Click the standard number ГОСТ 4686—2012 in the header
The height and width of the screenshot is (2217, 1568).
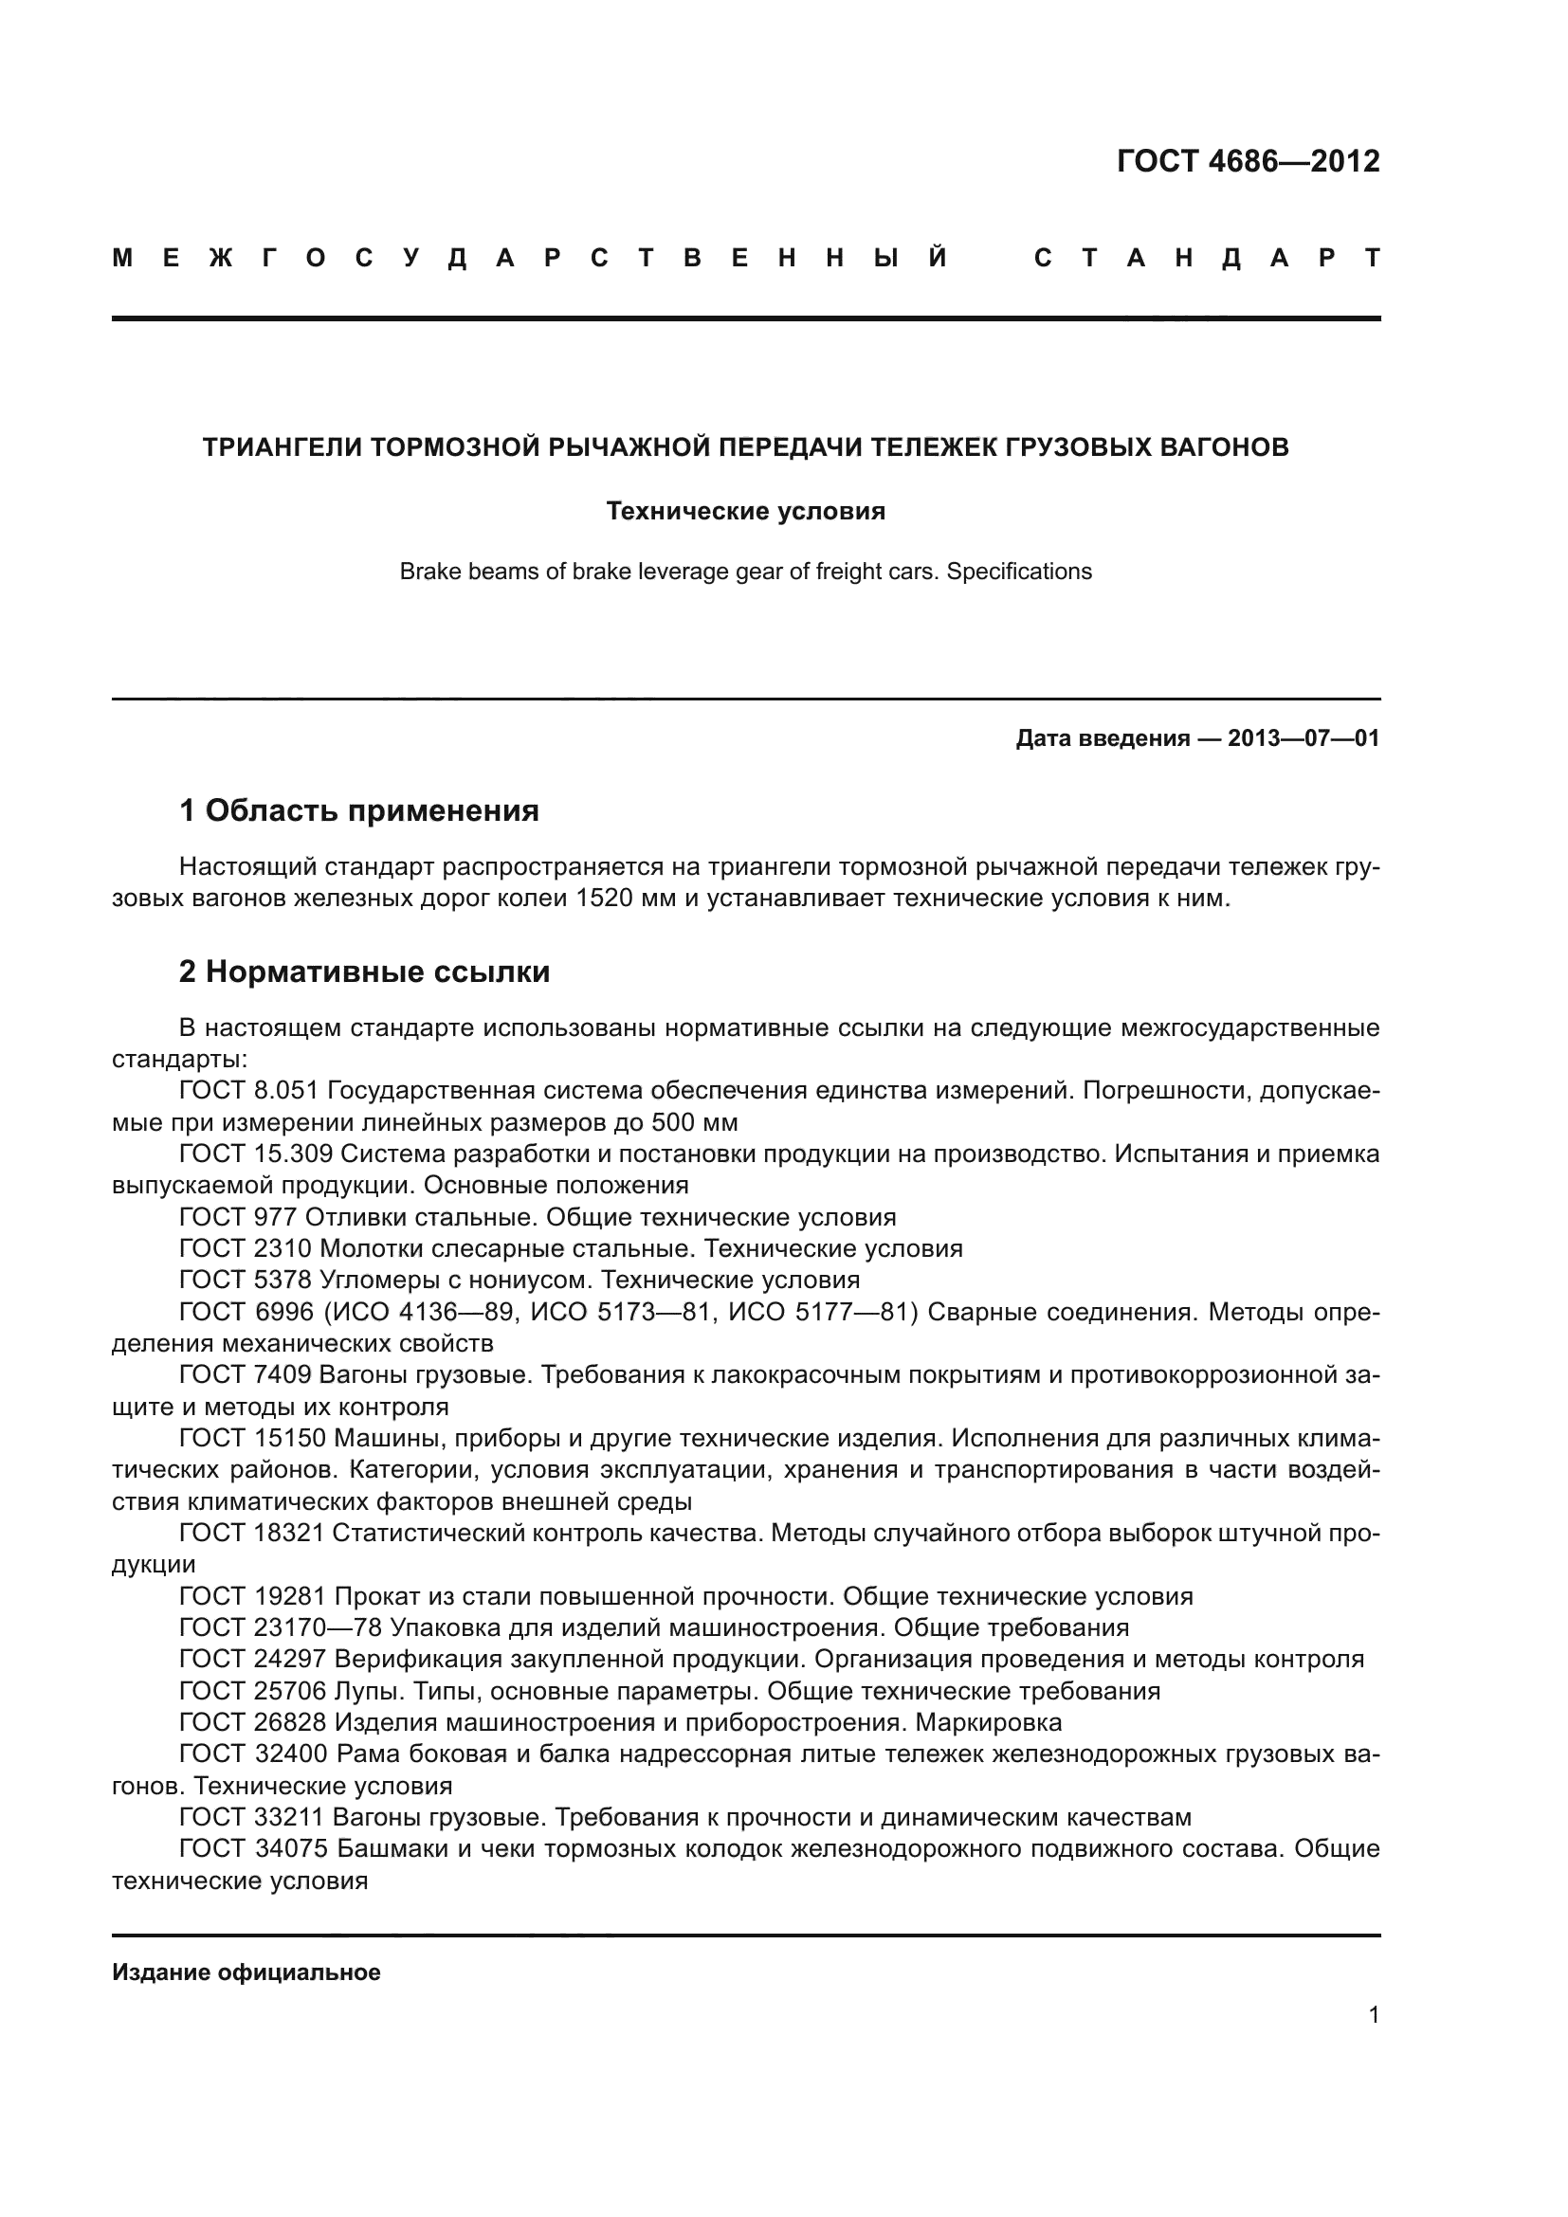click(x=1248, y=161)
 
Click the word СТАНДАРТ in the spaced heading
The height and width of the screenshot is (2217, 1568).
click(x=1207, y=259)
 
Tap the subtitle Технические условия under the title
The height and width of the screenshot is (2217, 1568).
click(x=745, y=512)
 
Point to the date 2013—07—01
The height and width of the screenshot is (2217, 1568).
click(x=1304, y=739)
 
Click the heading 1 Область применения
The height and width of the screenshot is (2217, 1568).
click(x=359, y=811)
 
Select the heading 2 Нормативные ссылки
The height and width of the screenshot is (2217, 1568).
click(x=365, y=972)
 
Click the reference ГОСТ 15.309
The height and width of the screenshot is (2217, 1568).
click(x=256, y=1154)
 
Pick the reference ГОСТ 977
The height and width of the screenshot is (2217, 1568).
click(x=238, y=1218)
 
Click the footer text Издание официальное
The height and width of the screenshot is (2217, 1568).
click(x=246, y=1972)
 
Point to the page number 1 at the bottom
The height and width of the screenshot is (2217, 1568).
click(x=1373, y=2015)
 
